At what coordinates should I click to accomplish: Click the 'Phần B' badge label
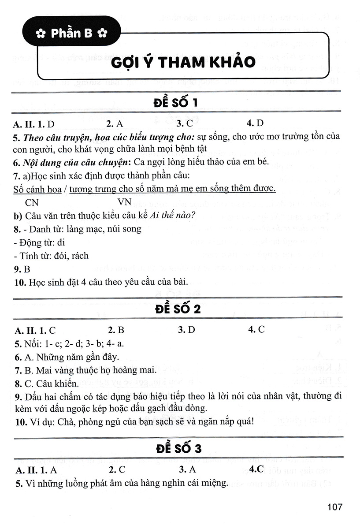click(x=71, y=33)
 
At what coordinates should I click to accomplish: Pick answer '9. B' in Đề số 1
click(x=22, y=268)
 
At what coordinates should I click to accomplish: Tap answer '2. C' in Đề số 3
click(x=117, y=469)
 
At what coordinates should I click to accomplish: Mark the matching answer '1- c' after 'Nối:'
click(x=50, y=343)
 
